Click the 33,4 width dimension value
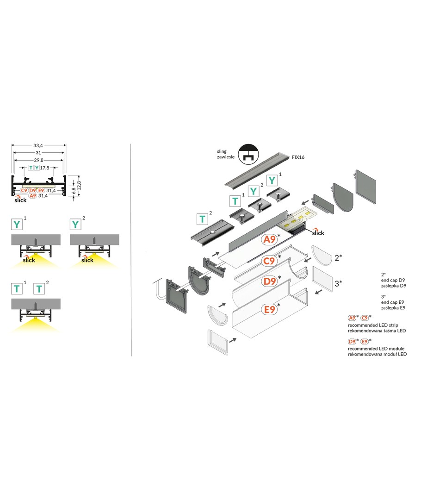click(38, 145)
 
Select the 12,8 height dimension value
click(80, 186)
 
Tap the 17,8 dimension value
click(45, 168)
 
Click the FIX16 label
click(298, 157)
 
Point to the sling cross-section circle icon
click(248, 155)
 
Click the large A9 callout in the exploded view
click(269, 240)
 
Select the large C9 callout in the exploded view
click(269, 261)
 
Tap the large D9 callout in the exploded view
click(269, 281)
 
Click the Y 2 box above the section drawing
click(75, 225)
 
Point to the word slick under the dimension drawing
click(20, 200)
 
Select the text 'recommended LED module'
click(377, 348)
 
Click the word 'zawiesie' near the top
click(224, 157)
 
